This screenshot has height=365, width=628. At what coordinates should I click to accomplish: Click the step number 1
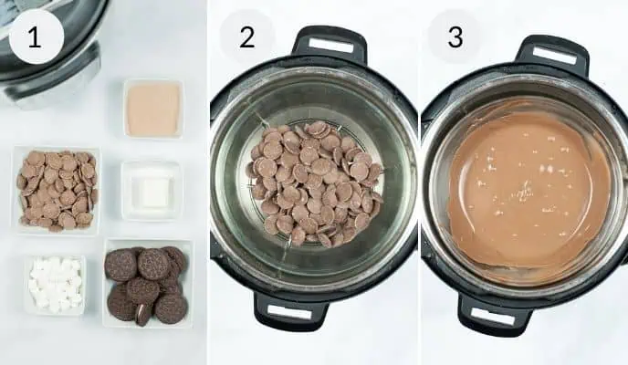click(x=35, y=37)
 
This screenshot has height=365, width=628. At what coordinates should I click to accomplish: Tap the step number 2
click(x=246, y=37)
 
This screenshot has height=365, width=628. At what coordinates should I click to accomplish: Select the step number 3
click(x=455, y=37)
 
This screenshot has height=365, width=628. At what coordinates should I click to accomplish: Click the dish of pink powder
click(x=153, y=109)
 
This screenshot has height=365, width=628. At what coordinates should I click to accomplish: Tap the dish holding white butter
click(x=152, y=191)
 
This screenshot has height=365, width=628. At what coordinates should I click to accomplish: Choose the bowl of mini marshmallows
click(x=55, y=285)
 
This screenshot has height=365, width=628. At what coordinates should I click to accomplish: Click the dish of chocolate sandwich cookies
click(x=147, y=284)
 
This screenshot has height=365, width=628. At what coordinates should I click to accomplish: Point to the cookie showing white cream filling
click(x=143, y=314)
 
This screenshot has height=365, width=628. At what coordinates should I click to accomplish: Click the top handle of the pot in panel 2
click(x=330, y=44)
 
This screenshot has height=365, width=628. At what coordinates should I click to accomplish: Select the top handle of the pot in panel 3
click(x=554, y=55)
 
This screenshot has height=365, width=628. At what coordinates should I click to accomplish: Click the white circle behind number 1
click(x=37, y=36)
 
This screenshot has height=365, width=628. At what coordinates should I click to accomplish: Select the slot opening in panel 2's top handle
click(x=331, y=46)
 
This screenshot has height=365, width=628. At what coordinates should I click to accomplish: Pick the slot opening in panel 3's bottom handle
click(x=493, y=317)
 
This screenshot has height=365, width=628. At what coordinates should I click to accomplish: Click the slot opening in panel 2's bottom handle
click(x=289, y=312)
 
